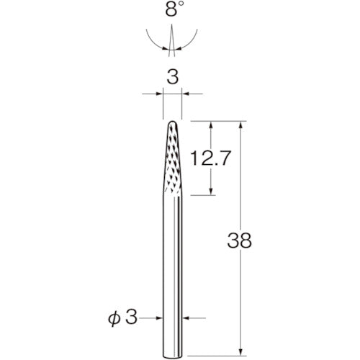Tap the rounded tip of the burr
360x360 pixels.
point(172,123)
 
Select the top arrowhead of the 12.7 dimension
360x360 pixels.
point(211,124)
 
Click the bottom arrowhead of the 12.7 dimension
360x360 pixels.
point(211,192)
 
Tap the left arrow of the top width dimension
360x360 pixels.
point(159,93)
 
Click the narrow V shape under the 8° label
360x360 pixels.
point(172,43)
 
